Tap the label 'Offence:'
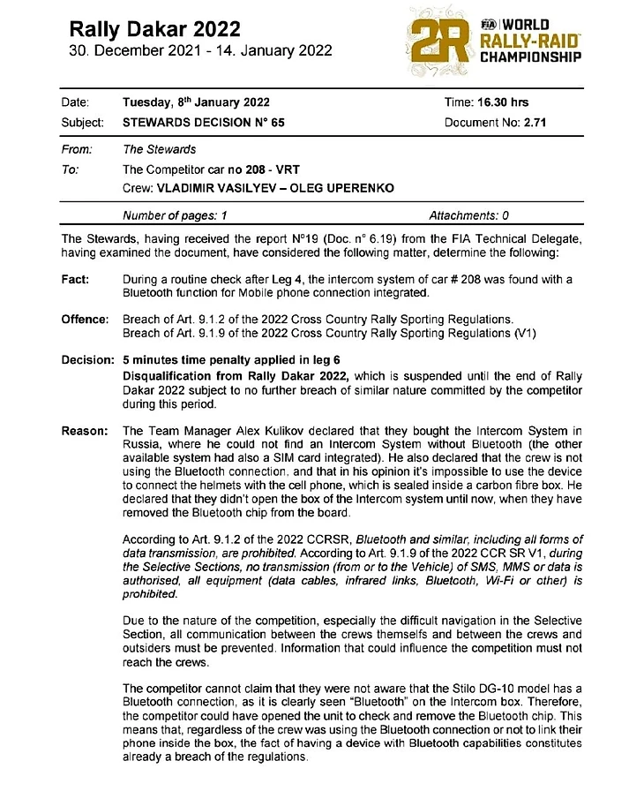pos(85,319)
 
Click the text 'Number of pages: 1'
pos(175,215)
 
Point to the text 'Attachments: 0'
pos(468,215)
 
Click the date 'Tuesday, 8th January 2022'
pos(196,103)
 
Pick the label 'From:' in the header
pos(76,150)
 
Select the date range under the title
pos(201,50)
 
